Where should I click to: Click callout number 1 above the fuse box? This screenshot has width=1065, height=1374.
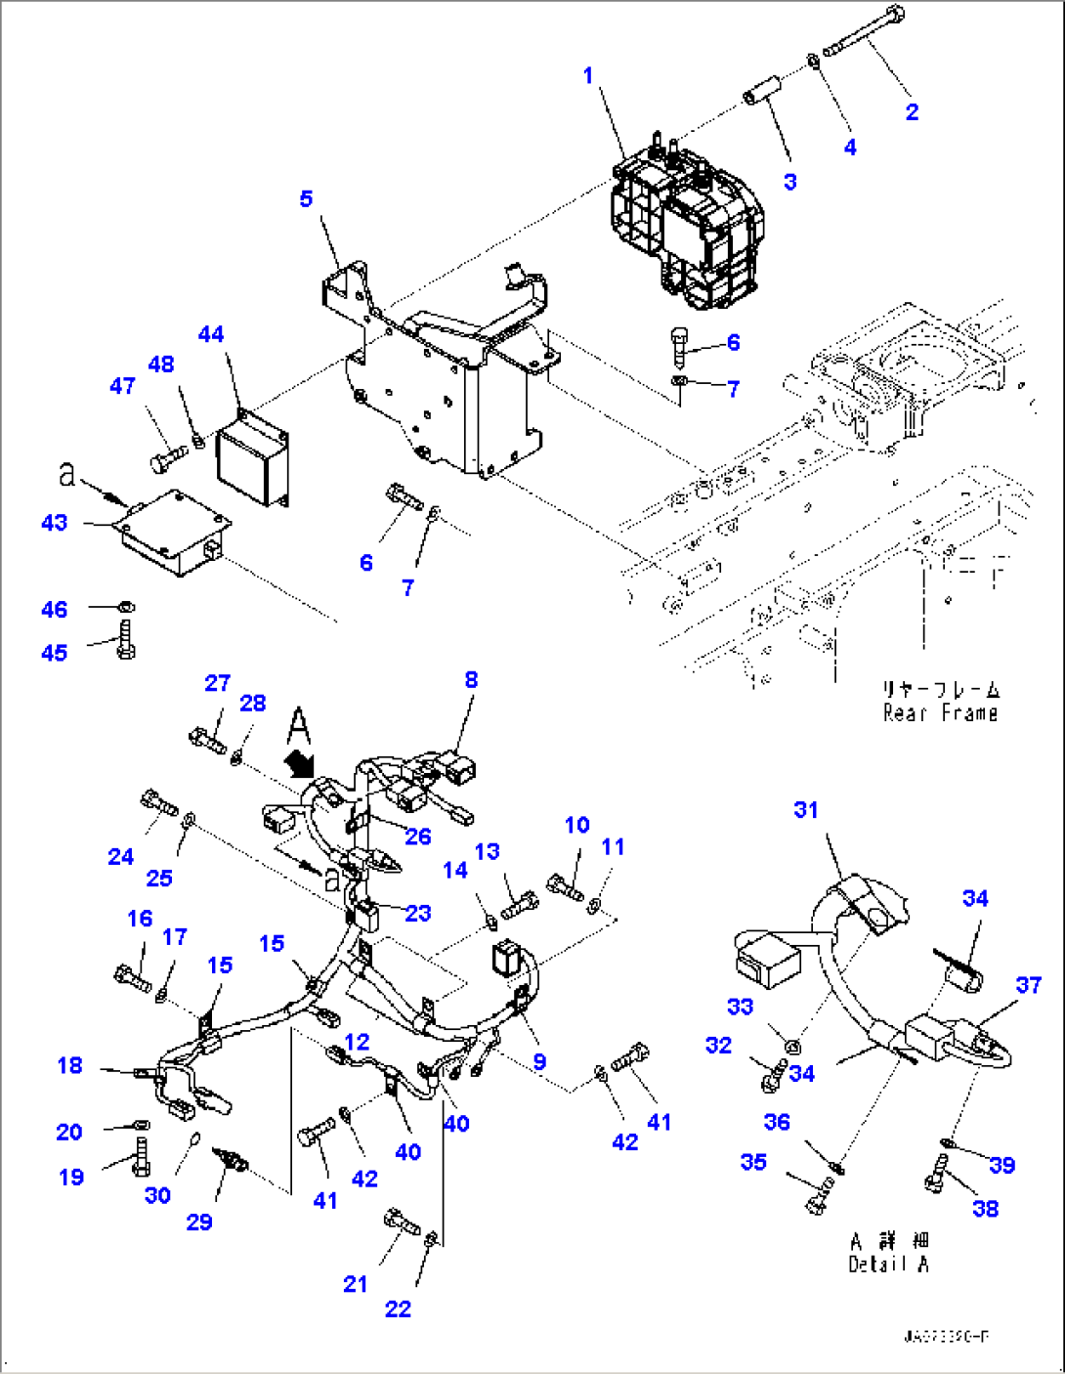588,75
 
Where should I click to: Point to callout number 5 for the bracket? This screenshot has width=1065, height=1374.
306,199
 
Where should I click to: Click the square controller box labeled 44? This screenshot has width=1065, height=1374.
252,457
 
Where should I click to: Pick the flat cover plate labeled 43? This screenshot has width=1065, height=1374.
172,534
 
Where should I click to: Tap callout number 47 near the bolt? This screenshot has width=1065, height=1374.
122,386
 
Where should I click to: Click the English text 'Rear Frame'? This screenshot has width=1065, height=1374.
940,713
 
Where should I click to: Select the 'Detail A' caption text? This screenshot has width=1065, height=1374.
888,1264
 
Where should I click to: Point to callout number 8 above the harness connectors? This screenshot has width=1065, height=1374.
471,680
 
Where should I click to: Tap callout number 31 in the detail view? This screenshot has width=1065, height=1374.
805,810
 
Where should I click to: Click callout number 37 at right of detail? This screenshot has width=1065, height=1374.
1028,985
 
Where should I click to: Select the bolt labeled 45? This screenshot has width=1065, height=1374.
126,641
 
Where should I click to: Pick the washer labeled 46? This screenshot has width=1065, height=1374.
127,607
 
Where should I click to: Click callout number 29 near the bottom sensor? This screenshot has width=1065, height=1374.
199,1222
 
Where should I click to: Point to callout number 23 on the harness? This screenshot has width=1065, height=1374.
417,913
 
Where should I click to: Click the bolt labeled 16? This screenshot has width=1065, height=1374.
133,976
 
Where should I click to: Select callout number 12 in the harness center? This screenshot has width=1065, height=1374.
358,1043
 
